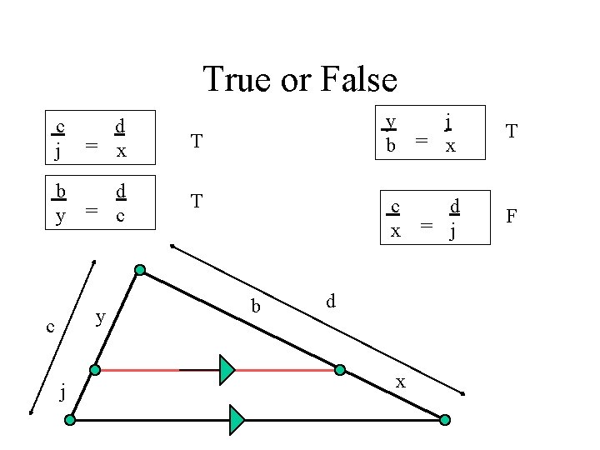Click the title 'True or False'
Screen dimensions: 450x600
tap(300, 80)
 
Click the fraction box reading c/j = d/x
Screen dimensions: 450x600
tap(91, 138)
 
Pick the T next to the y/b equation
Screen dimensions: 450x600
tap(512, 130)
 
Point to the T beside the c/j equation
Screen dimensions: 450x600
tap(195, 141)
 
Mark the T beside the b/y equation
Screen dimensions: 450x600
tap(195, 201)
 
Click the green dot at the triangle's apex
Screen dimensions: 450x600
tap(140, 270)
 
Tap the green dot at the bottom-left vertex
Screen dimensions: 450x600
tap(70, 420)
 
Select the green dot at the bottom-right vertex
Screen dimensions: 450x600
tap(445, 419)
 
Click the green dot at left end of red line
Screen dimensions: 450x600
tap(96, 369)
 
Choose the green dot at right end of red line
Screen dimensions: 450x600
tap(340, 369)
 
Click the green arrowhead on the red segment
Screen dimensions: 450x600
tap(227, 369)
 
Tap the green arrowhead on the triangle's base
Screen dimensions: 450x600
tap(237, 420)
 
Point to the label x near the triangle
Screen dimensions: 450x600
tap(401, 382)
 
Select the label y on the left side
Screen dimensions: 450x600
tap(101, 317)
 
